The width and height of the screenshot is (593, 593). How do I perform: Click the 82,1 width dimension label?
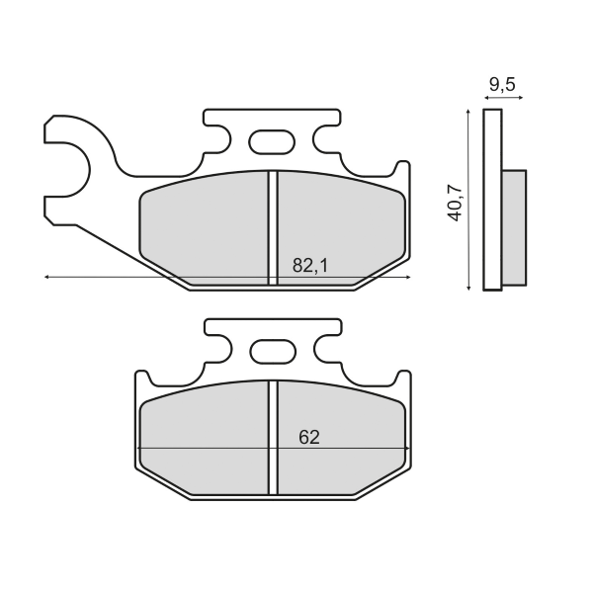coord(310,265)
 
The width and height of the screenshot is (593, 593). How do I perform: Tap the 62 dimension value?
coord(308,437)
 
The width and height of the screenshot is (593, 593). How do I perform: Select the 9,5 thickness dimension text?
coord(502,84)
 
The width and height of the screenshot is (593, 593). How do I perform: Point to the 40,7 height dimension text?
coord(455,201)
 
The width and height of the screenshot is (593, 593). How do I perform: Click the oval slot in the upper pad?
coord(272,142)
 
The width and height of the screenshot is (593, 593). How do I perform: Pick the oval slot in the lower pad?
coord(272,351)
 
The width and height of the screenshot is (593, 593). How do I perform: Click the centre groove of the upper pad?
coord(273,227)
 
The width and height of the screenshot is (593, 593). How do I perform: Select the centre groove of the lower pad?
coord(273,437)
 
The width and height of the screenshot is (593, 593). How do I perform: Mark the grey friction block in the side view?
coord(514,227)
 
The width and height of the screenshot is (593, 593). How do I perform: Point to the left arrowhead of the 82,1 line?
coord(47,278)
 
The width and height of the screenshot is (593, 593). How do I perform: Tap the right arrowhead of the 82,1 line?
coord(407,278)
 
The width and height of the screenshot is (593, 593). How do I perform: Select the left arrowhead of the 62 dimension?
coord(140,449)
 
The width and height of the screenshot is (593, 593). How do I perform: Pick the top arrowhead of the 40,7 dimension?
coord(466,113)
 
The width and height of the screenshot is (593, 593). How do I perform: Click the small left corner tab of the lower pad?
coord(142,381)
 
